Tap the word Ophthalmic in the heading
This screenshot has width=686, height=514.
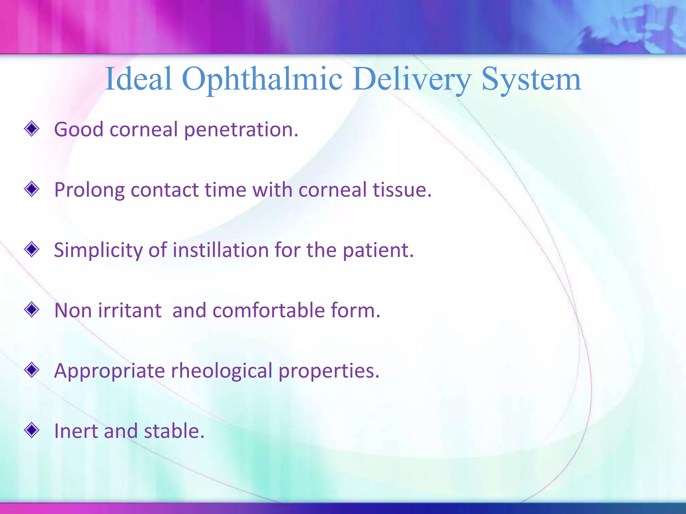click(x=262, y=80)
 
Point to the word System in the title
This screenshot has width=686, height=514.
click(x=531, y=80)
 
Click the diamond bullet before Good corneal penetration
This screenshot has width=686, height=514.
click(x=32, y=129)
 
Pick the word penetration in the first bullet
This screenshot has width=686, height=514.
click(x=241, y=130)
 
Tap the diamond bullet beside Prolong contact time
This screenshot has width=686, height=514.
click(x=32, y=189)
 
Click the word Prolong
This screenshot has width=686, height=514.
click(x=89, y=190)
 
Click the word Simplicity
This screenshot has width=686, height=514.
click(x=98, y=250)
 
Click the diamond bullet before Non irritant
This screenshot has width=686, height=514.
click(x=32, y=310)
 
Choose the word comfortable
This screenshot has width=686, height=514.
click(x=268, y=310)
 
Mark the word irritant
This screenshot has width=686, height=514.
click(x=130, y=310)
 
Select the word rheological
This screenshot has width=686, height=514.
click(x=221, y=371)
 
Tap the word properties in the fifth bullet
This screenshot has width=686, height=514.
click(x=329, y=371)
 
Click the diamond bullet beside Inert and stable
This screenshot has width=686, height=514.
click(x=32, y=430)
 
